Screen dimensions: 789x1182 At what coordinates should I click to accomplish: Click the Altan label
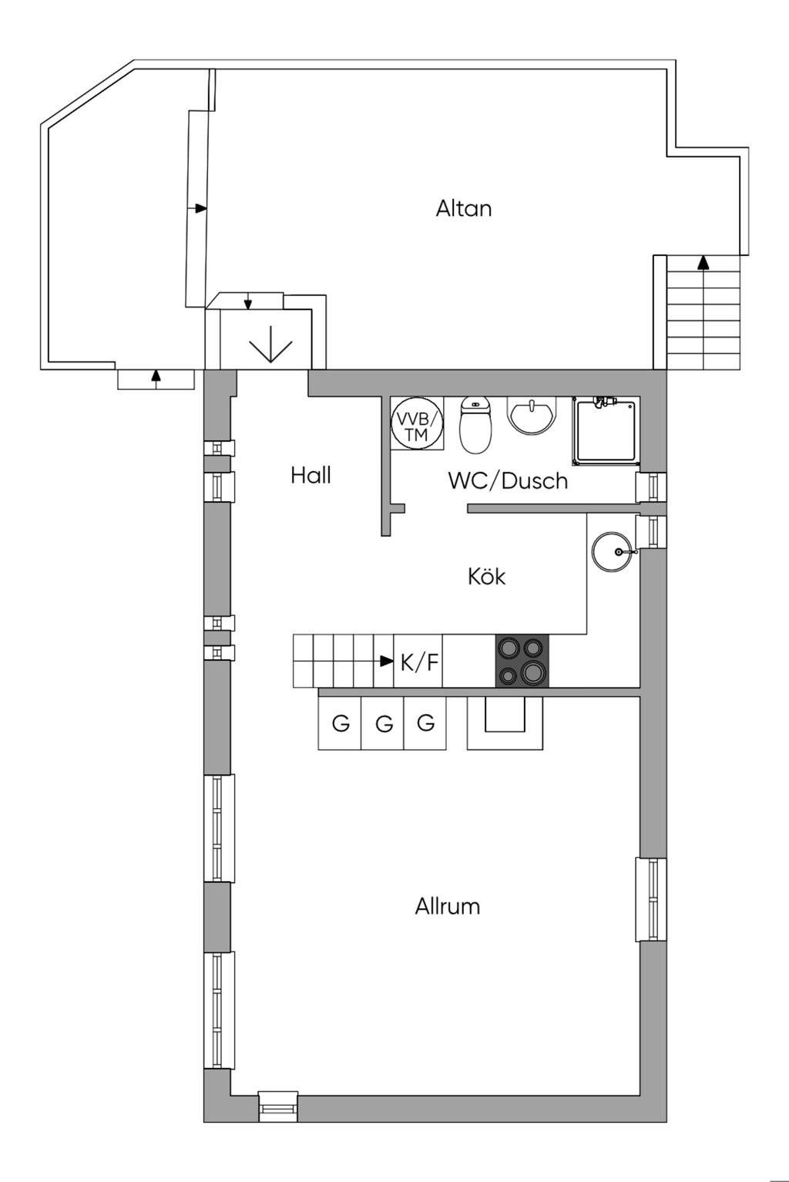[464, 209]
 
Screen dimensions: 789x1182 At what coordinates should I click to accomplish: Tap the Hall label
[311, 476]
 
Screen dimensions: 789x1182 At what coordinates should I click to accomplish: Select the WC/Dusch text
[507, 481]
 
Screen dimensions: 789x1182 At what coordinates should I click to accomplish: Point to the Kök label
[486, 576]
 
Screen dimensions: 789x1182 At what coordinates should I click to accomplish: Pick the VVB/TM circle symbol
[417, 423]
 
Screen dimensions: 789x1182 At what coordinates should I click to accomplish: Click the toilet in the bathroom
[475, 426]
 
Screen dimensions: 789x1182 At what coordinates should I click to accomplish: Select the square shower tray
[606, 430]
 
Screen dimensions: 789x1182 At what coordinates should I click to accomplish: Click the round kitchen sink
[612, 551]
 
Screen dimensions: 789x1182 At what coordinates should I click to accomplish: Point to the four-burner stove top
[522, 661]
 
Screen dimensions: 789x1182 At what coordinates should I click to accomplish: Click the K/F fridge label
[419, 662]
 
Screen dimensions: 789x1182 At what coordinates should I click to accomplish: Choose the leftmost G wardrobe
[340, 723]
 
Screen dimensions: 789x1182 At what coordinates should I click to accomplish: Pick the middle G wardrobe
[383, 723]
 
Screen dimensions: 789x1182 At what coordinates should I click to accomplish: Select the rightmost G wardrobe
[425, 723]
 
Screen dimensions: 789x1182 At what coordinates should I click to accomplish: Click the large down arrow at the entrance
[270, 345]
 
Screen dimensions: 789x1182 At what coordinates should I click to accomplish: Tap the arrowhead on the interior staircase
[388, 661]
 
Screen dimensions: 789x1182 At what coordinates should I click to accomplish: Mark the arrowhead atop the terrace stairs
[703, 263]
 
